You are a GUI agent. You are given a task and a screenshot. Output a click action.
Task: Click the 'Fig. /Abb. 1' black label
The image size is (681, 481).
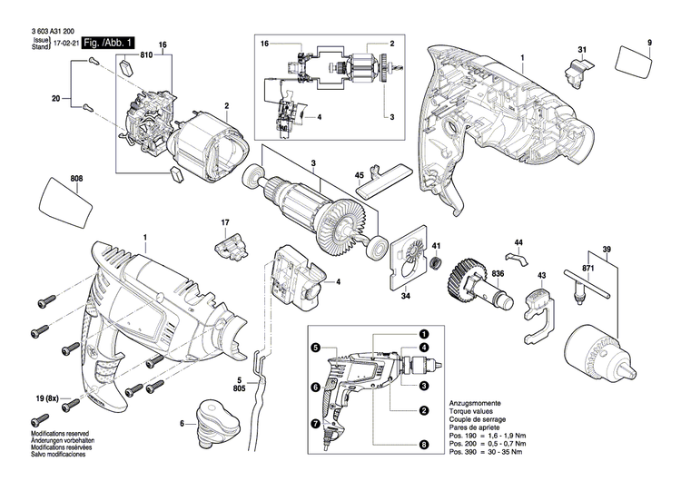107,43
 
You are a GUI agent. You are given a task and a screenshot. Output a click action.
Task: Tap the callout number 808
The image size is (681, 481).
75,178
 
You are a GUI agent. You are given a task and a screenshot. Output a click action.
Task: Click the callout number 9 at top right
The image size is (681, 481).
650,44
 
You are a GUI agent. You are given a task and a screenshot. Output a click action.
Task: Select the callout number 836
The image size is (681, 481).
498,273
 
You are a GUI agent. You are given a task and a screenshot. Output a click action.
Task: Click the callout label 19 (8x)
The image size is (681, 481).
40,398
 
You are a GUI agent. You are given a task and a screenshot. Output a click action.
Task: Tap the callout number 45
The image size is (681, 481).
359,174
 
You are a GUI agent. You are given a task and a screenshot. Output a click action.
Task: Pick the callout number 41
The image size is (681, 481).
436,246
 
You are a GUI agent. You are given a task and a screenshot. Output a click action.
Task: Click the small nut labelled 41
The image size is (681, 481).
436,264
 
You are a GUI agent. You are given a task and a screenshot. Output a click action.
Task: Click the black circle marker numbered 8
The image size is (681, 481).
424,445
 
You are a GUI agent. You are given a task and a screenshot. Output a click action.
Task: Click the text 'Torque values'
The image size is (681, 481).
472,410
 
